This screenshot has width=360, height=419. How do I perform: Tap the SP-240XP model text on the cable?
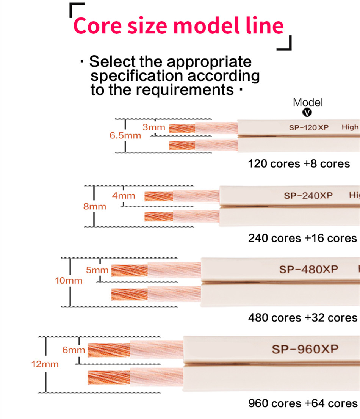308,196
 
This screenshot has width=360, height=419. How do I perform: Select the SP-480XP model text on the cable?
308,269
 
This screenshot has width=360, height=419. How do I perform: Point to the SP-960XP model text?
305,349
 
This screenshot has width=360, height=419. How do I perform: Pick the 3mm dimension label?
153,127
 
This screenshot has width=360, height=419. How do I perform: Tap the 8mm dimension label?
95,207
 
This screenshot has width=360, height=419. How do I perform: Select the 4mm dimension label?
124,196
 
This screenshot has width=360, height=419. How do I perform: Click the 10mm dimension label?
69,281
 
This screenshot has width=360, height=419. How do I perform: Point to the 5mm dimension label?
97,270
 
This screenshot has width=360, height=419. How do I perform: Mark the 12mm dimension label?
45,364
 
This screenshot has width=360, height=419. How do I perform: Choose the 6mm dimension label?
74,350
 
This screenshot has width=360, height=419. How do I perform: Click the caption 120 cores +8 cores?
299,164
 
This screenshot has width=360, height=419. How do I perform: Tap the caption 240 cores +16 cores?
302,238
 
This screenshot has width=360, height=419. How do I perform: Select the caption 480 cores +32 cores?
302,317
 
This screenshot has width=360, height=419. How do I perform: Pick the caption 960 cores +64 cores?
302,403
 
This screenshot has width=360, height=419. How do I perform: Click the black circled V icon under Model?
308,112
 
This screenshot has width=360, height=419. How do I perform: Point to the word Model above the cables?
308,102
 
